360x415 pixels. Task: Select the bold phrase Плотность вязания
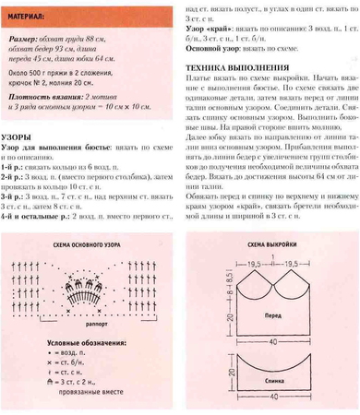click(46, 96)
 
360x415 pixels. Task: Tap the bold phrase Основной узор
click(216, 50)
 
